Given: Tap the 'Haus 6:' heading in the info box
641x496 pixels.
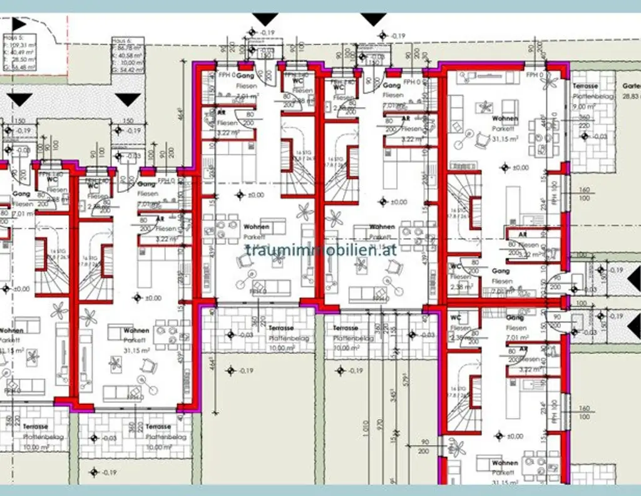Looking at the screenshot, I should coord(121,39).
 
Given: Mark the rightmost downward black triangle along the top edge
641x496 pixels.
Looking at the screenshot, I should coord(374,19).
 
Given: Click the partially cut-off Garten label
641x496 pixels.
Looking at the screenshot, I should coord(630,86).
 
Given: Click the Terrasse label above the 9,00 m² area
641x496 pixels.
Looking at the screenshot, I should coord(585,86).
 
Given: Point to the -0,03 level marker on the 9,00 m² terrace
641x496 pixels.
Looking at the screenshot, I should coord(599,136).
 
